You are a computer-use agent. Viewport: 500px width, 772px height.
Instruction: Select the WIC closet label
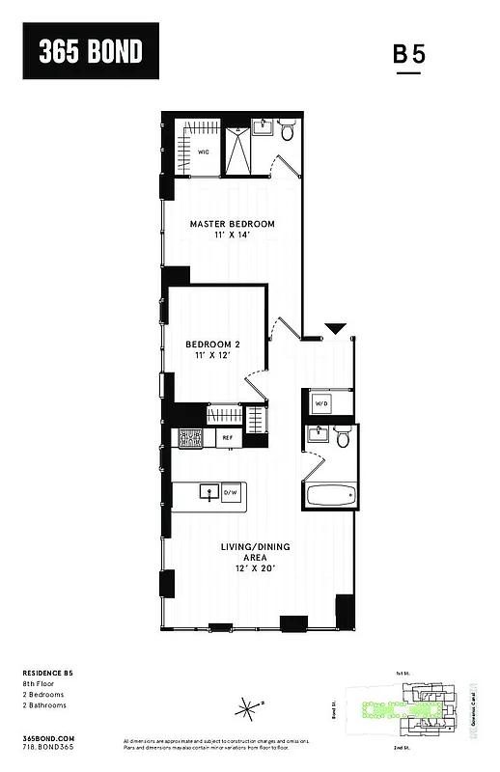204,152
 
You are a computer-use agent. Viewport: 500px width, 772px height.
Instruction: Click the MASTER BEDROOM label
232,224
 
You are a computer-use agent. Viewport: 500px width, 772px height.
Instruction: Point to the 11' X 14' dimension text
232,236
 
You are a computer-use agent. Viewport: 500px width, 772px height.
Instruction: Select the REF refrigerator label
228,438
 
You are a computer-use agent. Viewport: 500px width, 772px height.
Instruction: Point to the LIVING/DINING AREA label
255,552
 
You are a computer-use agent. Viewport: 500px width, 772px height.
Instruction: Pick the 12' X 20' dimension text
255,568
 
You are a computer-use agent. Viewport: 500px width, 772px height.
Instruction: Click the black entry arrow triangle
335,329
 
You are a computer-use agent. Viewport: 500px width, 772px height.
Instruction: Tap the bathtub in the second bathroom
331,497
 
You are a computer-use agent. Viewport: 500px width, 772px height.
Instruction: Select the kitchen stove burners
189,438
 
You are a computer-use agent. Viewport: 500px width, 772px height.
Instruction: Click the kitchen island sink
207,492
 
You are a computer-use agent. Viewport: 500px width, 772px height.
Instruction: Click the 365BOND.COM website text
42,736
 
